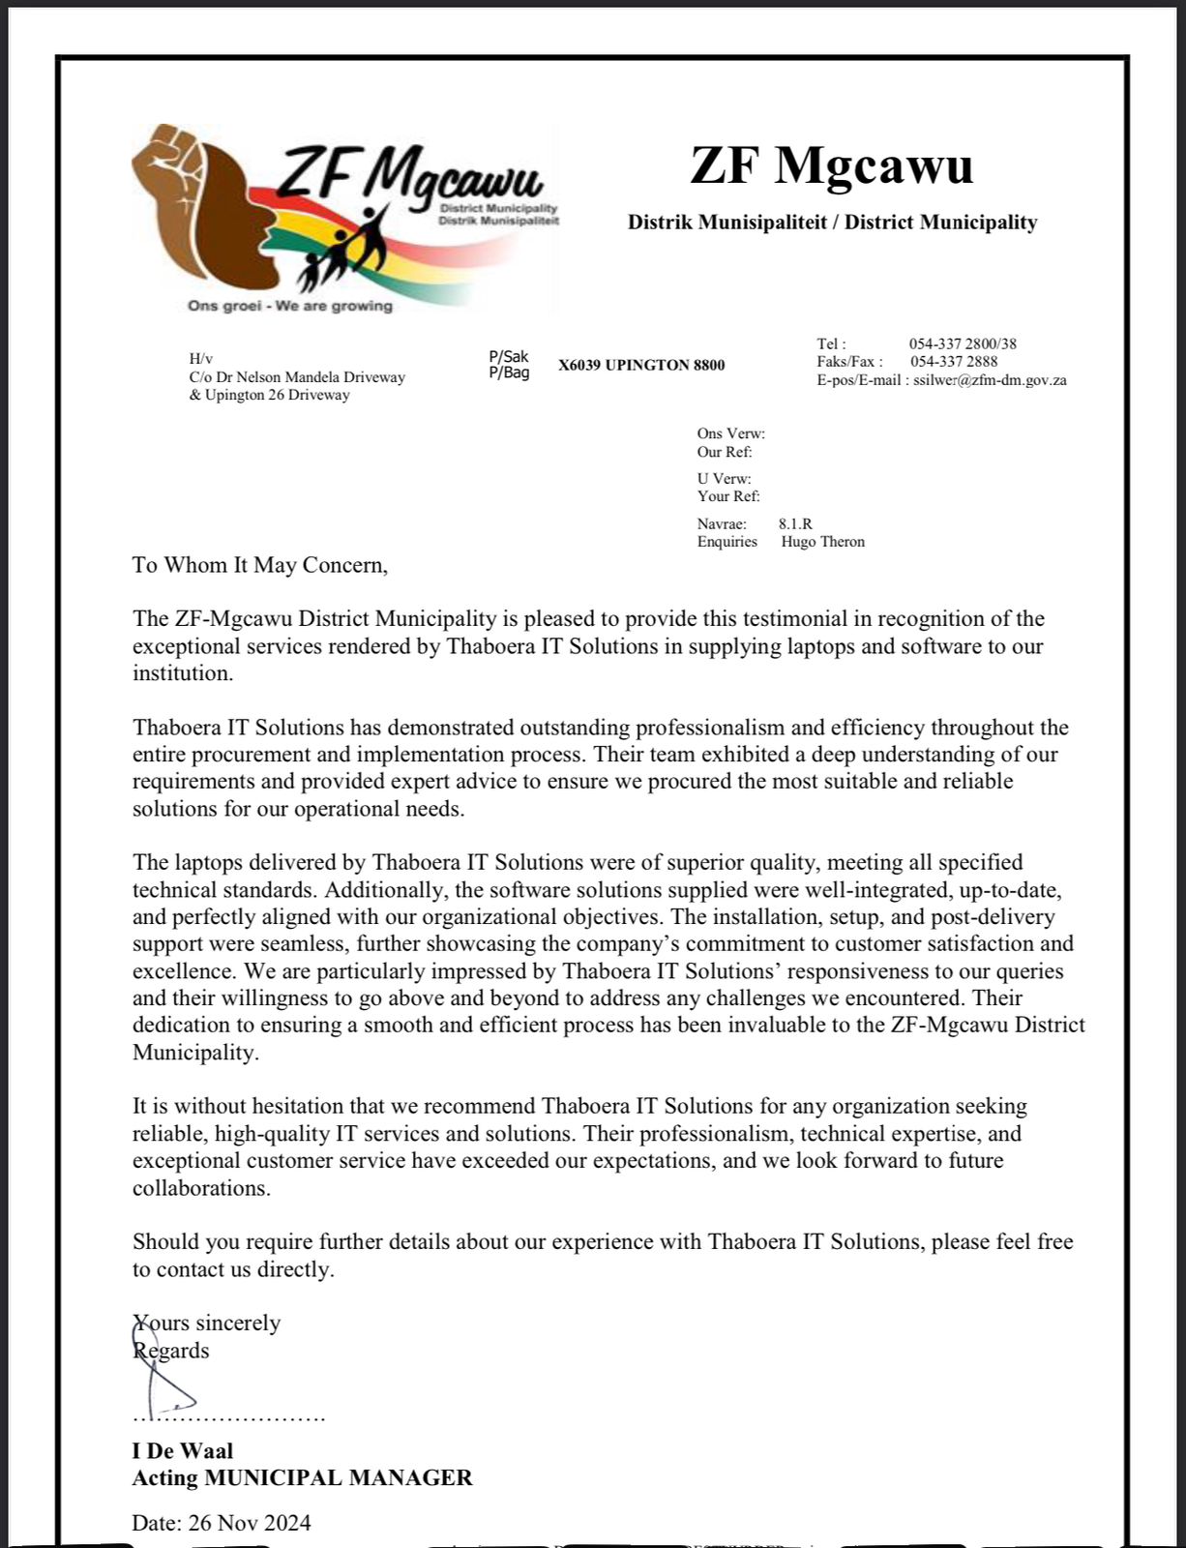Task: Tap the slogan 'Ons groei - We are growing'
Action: (289, 306)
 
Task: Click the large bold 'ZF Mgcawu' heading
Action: (831, 165)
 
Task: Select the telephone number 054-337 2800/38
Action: (962, 343)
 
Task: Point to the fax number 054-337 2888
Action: (954, 362)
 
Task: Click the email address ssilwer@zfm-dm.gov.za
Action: (990, 380)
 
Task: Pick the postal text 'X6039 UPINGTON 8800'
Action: (640, 365)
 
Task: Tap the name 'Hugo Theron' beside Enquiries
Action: (822, 542)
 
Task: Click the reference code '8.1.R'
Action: (795, 523)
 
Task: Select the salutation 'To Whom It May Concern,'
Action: (259, 565)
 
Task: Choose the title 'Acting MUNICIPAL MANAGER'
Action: (302, 1478)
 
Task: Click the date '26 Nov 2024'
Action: (250, 1523)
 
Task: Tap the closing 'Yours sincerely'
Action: (207, 1323)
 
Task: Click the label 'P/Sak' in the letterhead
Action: (509, 357)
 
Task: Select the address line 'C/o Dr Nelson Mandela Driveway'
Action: (297, 377)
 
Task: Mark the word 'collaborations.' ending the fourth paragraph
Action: (201, 1188)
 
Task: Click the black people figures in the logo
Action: (348, 247)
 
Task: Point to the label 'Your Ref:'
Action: (728, 496)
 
